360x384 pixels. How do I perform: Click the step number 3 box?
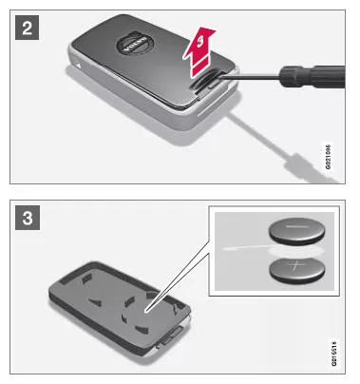coord(26,214)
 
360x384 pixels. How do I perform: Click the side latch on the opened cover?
coord(177,336)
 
